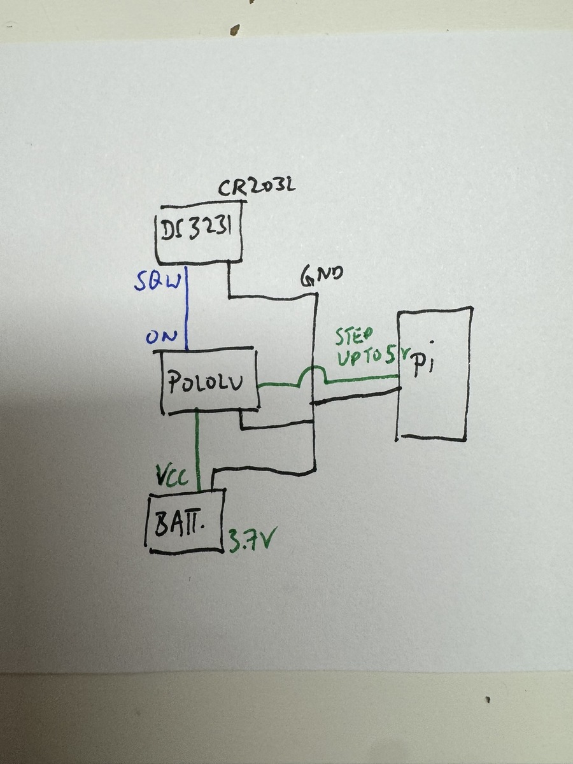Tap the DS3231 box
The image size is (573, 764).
click(200, 235)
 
